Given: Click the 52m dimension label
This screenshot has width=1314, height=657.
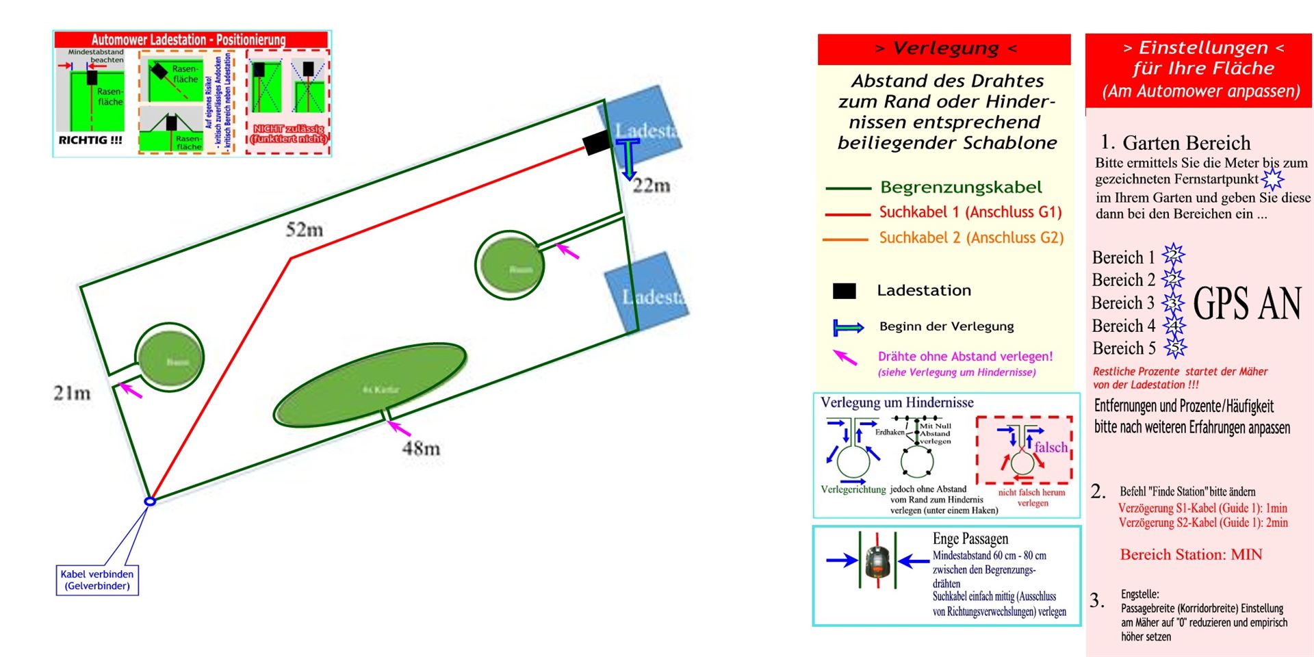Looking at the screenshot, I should click(305, 230).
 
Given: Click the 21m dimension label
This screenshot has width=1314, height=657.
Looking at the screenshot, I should click(72, 394).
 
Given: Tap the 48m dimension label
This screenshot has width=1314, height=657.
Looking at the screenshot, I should click(421, 449).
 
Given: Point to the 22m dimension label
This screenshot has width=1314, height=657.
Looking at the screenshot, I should click(651, 185).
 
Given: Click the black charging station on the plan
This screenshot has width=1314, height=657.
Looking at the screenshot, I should click(595, 142).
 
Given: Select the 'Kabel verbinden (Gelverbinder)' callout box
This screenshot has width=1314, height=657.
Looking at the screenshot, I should click(97, 580).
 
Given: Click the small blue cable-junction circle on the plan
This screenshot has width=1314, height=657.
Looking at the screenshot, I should click(151, 501).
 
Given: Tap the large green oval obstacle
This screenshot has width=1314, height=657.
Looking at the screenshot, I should click(370, 386).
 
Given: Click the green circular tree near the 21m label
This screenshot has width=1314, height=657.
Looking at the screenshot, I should click(170, 358).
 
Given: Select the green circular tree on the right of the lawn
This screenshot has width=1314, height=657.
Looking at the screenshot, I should click(510, 266).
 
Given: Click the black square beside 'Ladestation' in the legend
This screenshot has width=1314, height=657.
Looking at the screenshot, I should click(844, 291).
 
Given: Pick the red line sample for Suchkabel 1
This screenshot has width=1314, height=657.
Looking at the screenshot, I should click(847, 214).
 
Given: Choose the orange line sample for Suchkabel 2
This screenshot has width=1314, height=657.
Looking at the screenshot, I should click(847, 240).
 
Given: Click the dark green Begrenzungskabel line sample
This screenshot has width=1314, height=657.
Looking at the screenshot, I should click(847, 188).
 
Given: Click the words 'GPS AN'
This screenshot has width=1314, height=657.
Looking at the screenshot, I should click(1247, 304).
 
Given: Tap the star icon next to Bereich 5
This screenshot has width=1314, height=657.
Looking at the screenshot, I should click(1175, 348).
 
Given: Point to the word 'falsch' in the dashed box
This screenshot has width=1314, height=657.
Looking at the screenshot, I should click(1051, 448).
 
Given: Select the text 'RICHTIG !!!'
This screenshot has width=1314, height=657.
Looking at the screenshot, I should click(90, 140).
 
